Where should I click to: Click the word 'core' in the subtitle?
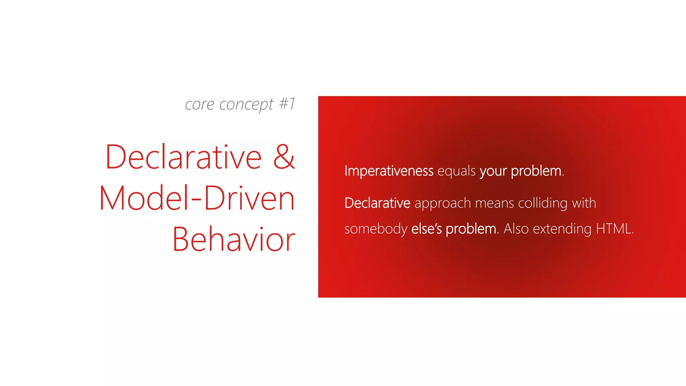point(199,105)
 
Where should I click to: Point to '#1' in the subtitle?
point(287,104)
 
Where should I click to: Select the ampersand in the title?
point(284,157)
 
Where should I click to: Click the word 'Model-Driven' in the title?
point(197,198)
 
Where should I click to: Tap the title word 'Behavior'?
point(233,239)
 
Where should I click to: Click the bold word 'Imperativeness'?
point(389,171)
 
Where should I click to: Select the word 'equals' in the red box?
point(456,171)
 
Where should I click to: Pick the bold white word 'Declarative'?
point(377,203)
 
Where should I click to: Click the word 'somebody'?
point(376,229)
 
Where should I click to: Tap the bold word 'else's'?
point(426,229)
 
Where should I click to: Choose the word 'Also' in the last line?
point(516,229)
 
